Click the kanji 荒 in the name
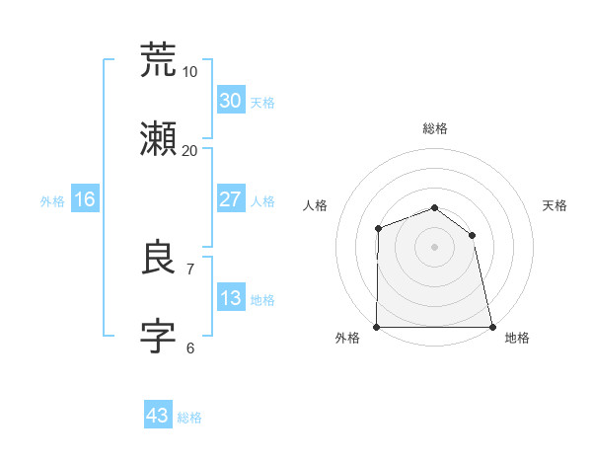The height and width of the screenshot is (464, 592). tap(159, 60)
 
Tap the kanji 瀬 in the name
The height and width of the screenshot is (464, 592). tap(159, 140)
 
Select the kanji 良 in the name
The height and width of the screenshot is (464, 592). tap(159, 259)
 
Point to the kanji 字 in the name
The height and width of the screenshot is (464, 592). tap(159, 338)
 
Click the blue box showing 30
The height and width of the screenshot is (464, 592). tap(230, 100)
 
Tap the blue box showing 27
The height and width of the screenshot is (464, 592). tap(230, 199)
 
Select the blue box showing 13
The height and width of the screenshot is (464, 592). tap(230, 298)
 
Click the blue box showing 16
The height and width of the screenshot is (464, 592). tap(85, 199)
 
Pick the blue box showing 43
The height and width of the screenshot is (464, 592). tap(158, 416)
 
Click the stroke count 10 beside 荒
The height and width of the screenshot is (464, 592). tap(189, 72)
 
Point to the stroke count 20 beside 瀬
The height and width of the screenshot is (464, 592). tap(189, 151)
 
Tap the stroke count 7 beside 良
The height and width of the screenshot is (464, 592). tap(189, 269)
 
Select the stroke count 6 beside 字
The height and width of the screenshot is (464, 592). tap(189, 348)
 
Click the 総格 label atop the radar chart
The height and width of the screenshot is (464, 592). tap(434, 128)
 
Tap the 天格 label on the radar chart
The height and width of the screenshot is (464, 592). tap(555, 205)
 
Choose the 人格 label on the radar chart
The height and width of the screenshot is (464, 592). tap(315, 205)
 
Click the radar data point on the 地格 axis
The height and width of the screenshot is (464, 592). tap(491, 327)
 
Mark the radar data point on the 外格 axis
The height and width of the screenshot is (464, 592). tap(377, 327)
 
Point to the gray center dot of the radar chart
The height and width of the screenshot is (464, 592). tap(434, 247)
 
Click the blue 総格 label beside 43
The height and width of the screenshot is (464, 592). tap(189, 418)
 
